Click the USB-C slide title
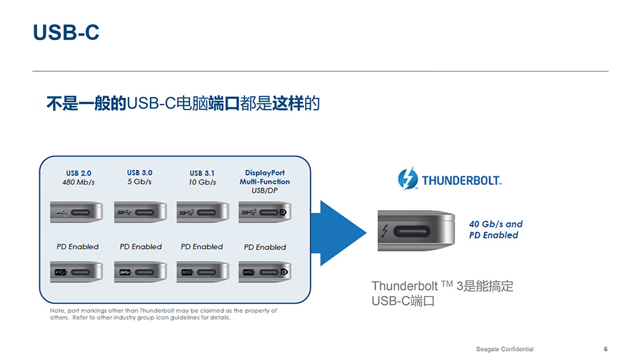[x=66, y=32]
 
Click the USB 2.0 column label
[x=79, y=173]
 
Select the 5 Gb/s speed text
[x=140, y=182]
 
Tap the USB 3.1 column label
[x=202, y=173]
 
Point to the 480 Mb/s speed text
[x=79, y=182]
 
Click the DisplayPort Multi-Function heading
[x=264, y=177]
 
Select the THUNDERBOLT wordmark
[x=462, y=180]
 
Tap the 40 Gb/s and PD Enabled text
[x=495, y=229]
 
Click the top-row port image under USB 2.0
[x=76, y=212]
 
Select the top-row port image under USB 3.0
[x=140, y=212]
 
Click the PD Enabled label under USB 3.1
[x=202, y=246]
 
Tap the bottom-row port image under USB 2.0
[x=76, y=271]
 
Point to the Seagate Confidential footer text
[x=505, y=349]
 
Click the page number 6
[x=605, y=349]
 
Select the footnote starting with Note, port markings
[x=164, y=314]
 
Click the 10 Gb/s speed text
[x=202, y=182]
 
